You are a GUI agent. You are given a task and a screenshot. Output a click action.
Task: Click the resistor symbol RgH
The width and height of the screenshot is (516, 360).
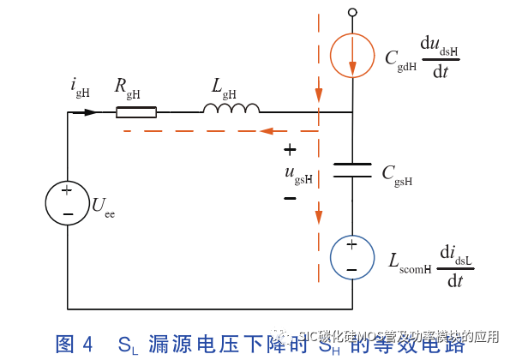pyautogui.click(x=136, y=111)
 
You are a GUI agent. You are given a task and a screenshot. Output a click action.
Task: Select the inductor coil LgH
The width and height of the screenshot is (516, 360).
pyautogui.click(x=231, y=108)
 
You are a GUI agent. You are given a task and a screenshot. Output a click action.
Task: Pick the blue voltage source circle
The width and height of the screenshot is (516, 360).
pyautogui.click(x=352, y=256)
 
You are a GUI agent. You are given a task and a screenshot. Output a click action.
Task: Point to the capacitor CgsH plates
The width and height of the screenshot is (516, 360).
pyautogui.click(x=352, y=171)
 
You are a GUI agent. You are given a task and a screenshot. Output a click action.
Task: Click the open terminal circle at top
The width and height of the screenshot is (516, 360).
pyautogui.click(x=352, y=12)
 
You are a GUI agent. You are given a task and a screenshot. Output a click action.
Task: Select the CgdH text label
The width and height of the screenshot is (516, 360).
pyautogui.click(x=401, y=59)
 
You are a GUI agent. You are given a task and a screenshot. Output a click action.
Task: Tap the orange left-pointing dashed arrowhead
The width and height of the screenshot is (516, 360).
pyautogui.click(x=267, y=131)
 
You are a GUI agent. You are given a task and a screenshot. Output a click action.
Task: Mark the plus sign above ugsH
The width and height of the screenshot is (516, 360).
pyautogui.click(x=290, y=150)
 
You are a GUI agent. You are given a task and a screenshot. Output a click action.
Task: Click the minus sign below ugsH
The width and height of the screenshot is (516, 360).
pyautogui.click(x=290, y=198)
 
